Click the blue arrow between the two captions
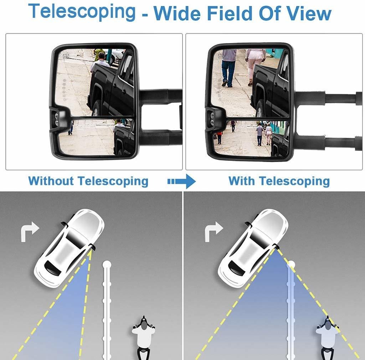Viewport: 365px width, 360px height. [182, 181]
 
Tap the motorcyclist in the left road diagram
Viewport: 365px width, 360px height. [143, 337]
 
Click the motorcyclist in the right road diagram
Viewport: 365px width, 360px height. [327, 337]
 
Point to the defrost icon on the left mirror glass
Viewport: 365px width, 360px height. [66, 56]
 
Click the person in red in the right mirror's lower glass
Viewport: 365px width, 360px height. [220, 137]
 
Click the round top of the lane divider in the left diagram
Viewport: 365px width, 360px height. [106, 264]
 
